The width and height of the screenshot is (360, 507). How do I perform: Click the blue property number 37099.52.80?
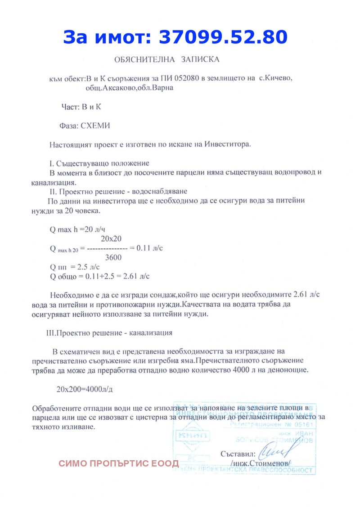tap(223, 37)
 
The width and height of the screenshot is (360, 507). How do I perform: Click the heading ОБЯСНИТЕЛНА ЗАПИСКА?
tap(167, 59)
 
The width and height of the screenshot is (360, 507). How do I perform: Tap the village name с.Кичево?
tap(275, 79)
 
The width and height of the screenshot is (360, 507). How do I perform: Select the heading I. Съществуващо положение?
tap(99, 163)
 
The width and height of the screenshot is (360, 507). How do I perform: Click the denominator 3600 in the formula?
tap(112, 257)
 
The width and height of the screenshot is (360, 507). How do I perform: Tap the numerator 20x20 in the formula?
tap(112, 238)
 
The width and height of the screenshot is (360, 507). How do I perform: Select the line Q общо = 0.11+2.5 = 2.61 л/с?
tap(99, 276)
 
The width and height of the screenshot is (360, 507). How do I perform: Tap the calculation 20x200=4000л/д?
tap(85, 389)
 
